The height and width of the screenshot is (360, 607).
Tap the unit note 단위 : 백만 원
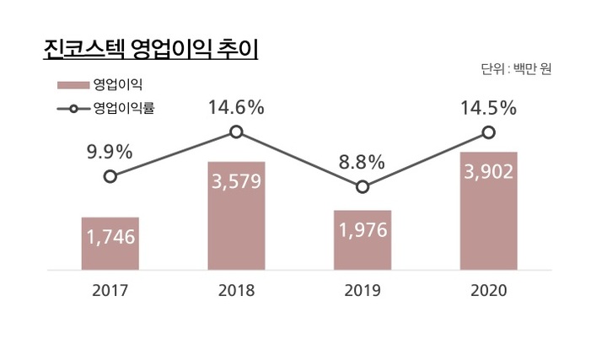coord(516,69)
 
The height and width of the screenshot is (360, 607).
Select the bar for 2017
coord(110,244)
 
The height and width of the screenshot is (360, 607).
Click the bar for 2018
coord(236,216)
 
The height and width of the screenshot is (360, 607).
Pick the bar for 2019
coord(363,240)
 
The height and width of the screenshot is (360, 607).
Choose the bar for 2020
coord(488,211)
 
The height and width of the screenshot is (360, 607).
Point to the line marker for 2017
coord(110,176)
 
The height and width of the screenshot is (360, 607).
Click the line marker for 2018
coord(236,132)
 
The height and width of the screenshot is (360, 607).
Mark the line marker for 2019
coord(363,186)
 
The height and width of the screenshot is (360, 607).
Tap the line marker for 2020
coord(488,132)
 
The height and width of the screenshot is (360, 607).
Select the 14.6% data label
coord(236,107)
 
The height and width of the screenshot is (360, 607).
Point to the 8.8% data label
coord(363,162)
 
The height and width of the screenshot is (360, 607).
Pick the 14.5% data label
coord(488,108)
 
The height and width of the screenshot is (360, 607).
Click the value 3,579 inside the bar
coord(236,181)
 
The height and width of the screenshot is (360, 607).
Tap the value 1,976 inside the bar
coord(363,230)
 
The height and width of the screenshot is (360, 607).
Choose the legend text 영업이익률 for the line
coord(123,108)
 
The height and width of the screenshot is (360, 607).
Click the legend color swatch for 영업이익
coord(73,85)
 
